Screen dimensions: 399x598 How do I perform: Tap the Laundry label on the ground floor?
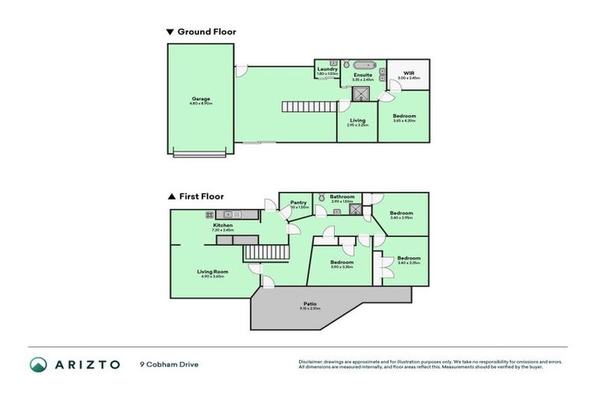tap(328, 70)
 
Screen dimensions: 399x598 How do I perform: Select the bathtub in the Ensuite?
tap(364, 65)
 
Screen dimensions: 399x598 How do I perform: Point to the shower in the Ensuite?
tap(361, 94)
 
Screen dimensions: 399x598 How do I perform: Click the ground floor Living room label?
tap(357, 121)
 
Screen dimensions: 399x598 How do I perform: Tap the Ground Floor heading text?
tap(206, 32)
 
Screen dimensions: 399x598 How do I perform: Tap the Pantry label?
tap(299, 203)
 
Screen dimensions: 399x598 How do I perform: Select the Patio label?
tap(309, 305)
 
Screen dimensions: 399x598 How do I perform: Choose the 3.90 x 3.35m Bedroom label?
tap(342, 263)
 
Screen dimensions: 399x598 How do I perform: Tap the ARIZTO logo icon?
tap(38, 364)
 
